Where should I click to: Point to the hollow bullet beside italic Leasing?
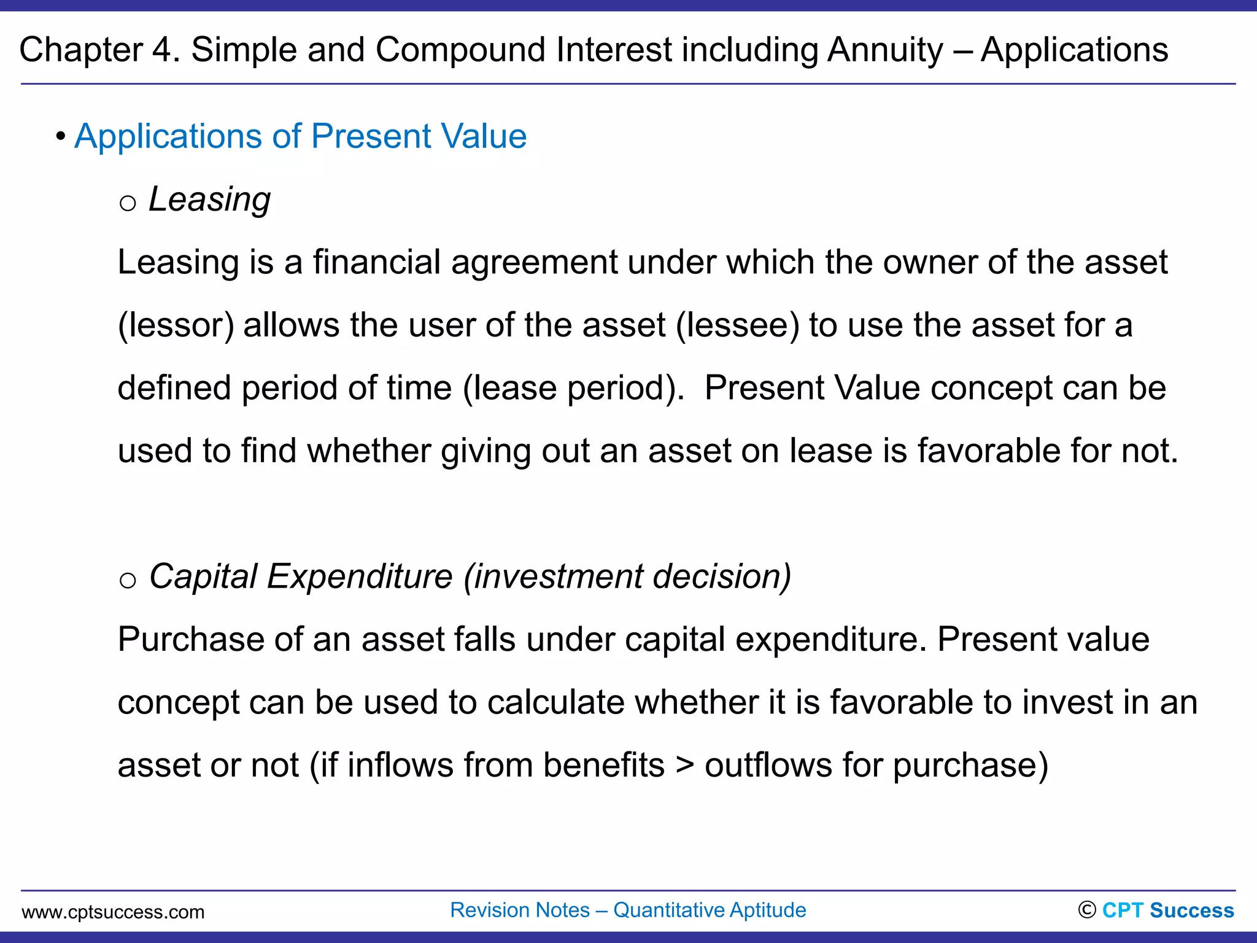[128, 203]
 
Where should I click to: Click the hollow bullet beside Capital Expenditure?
[128, 580]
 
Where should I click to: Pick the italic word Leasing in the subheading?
[209, 200]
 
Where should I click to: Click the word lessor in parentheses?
[176, 325]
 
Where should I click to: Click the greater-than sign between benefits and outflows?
[684, 766]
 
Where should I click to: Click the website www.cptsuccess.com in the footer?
[113, 912]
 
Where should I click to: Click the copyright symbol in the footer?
[1086, 910]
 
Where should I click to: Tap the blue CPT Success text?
[1168, 910]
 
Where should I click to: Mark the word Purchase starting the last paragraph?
[190, 640]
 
